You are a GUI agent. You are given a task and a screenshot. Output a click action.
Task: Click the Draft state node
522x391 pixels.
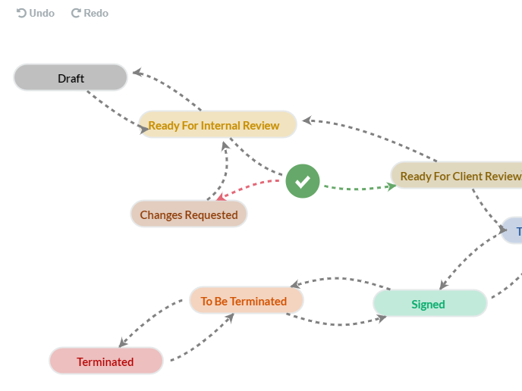coord(71,78)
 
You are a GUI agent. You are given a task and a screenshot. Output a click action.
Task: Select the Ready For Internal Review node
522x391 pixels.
coord(218,125)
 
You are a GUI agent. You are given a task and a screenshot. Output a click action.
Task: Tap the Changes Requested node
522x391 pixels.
coord(189,214)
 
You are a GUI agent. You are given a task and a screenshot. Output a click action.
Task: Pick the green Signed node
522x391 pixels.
coord(429,304)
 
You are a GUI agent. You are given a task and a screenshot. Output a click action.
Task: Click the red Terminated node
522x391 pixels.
coord(105,361)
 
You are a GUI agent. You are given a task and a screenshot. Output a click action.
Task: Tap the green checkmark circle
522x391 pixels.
coord(303,181)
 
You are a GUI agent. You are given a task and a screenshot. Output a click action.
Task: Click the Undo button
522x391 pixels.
coord(36,13)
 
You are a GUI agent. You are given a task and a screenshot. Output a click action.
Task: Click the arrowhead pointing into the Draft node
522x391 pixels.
coord(137,73)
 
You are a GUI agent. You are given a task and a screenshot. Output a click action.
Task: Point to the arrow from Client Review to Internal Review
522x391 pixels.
coord(372,136)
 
